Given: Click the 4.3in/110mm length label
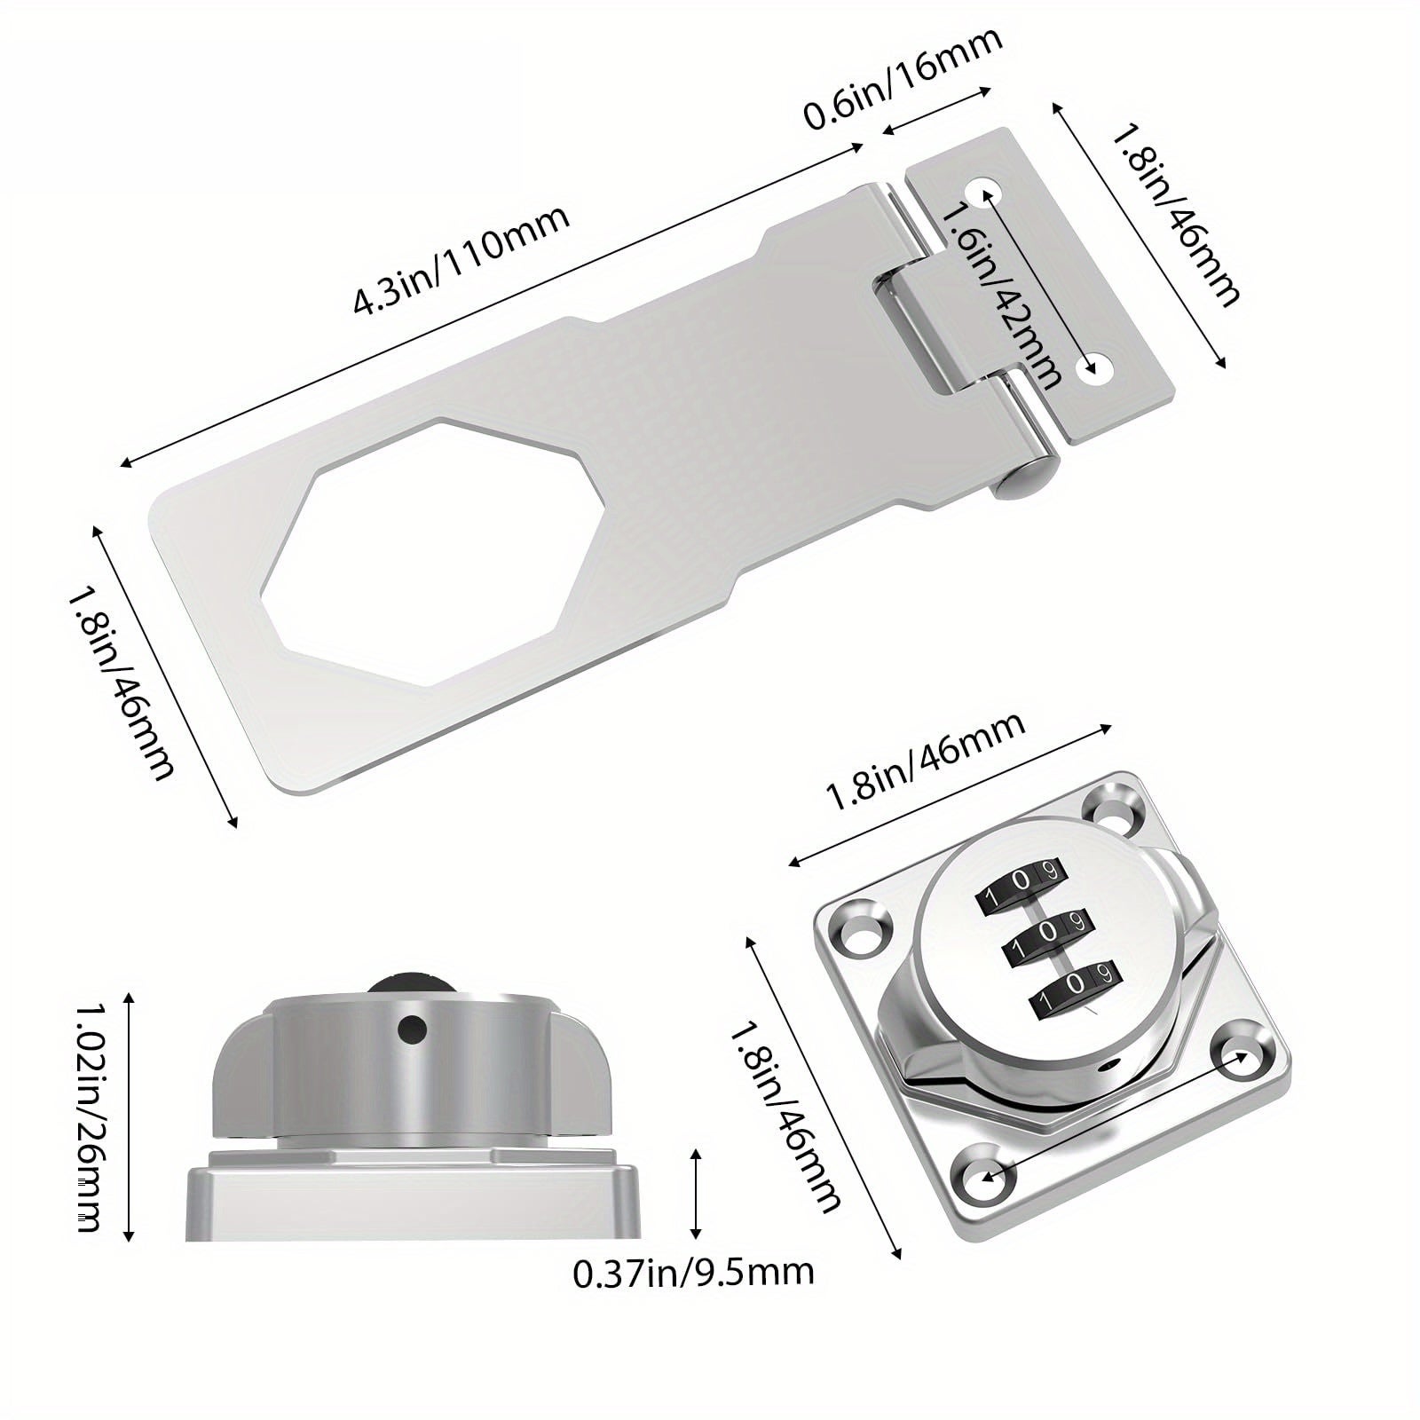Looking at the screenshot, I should [x=461, y=260].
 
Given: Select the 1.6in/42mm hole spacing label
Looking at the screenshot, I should [x=1001, y=295].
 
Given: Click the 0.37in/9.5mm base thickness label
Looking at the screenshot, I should [x=693, y=1273].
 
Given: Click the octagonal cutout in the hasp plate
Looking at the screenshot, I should [x=376, y=539].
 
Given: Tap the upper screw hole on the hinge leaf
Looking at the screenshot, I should [x=985, y=191].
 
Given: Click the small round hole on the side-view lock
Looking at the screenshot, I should [x=411, y=1029].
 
